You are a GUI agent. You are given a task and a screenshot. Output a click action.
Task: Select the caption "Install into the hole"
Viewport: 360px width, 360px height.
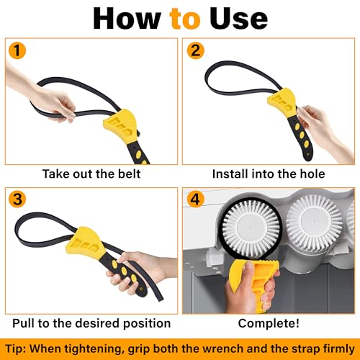[x=267, y=174]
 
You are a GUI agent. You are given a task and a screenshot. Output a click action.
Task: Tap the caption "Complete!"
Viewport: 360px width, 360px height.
[x=267, y=323]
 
